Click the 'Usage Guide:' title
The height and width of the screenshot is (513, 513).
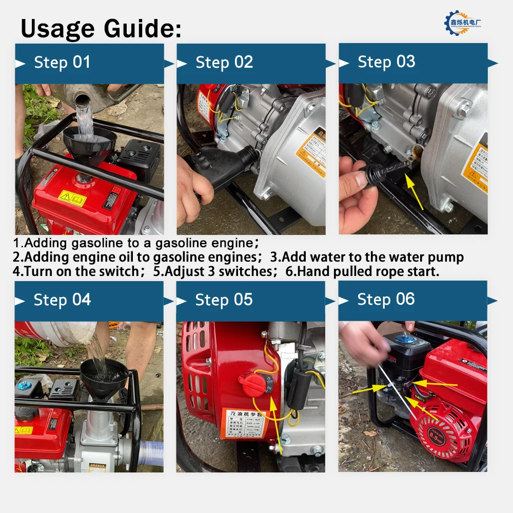(101, 29)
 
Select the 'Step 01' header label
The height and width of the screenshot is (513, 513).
(62, 63)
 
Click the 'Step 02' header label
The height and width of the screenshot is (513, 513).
(224, 63)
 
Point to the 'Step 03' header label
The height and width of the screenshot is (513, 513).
(386, 62)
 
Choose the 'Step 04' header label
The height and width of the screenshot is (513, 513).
(62, 300)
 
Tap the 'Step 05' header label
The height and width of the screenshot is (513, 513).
(224, 300)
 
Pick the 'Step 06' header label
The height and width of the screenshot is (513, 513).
(386, 300)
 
